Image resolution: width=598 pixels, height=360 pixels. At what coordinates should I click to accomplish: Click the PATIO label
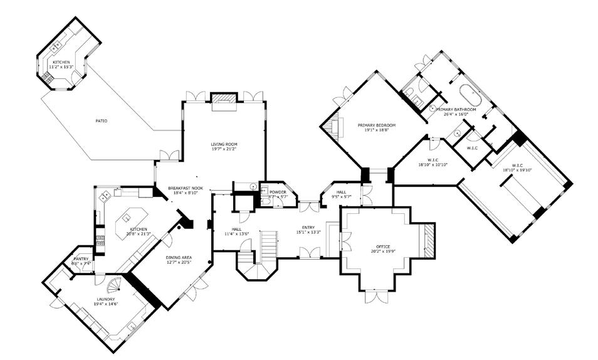pyautogui.click(x=100, y=120)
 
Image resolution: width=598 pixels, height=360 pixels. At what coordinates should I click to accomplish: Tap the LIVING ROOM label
pyautogui.click(x=224, y=144)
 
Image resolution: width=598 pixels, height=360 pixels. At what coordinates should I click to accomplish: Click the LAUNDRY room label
pyautogui.click(x=106, y=299)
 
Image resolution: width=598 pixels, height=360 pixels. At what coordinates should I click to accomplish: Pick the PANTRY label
pyautogui.click(x=81, y=258)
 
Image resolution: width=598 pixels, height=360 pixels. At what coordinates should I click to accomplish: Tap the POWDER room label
pyautogui.click(x=278, y=192)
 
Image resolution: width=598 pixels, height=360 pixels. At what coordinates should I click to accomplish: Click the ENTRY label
pyautogui.click(x=308, y=228)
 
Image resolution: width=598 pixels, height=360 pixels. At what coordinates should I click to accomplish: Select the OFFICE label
pyautogui.click(x=383, y=246)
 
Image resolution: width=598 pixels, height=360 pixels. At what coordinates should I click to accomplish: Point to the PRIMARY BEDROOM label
pyautogui.click(x=377, y=125)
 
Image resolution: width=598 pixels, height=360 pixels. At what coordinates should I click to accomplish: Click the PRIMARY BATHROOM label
pyautogui.click(x=460, y=110)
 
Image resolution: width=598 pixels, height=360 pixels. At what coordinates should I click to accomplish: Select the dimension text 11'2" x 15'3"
pyautogui.click(x=62, y=66)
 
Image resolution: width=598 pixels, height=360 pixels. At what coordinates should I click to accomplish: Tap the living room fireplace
pyautogui.click(x=224, y=100)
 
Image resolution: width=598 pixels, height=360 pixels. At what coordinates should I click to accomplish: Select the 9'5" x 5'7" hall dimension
pyautogui.click(x=341, y=197)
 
